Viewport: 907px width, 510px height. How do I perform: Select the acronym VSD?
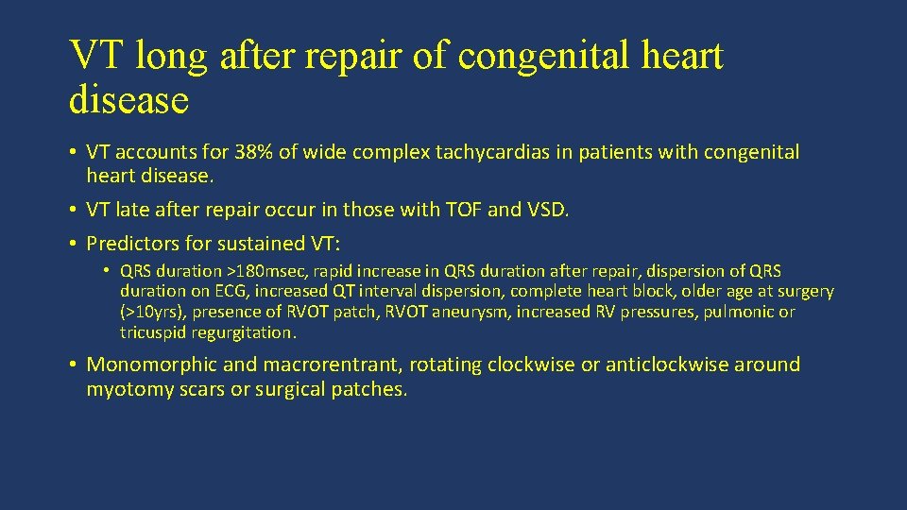(x=543, y=210)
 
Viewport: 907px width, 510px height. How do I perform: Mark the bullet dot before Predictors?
(x=73, y=244)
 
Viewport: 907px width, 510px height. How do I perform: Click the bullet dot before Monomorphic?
(x=73, y=365)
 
